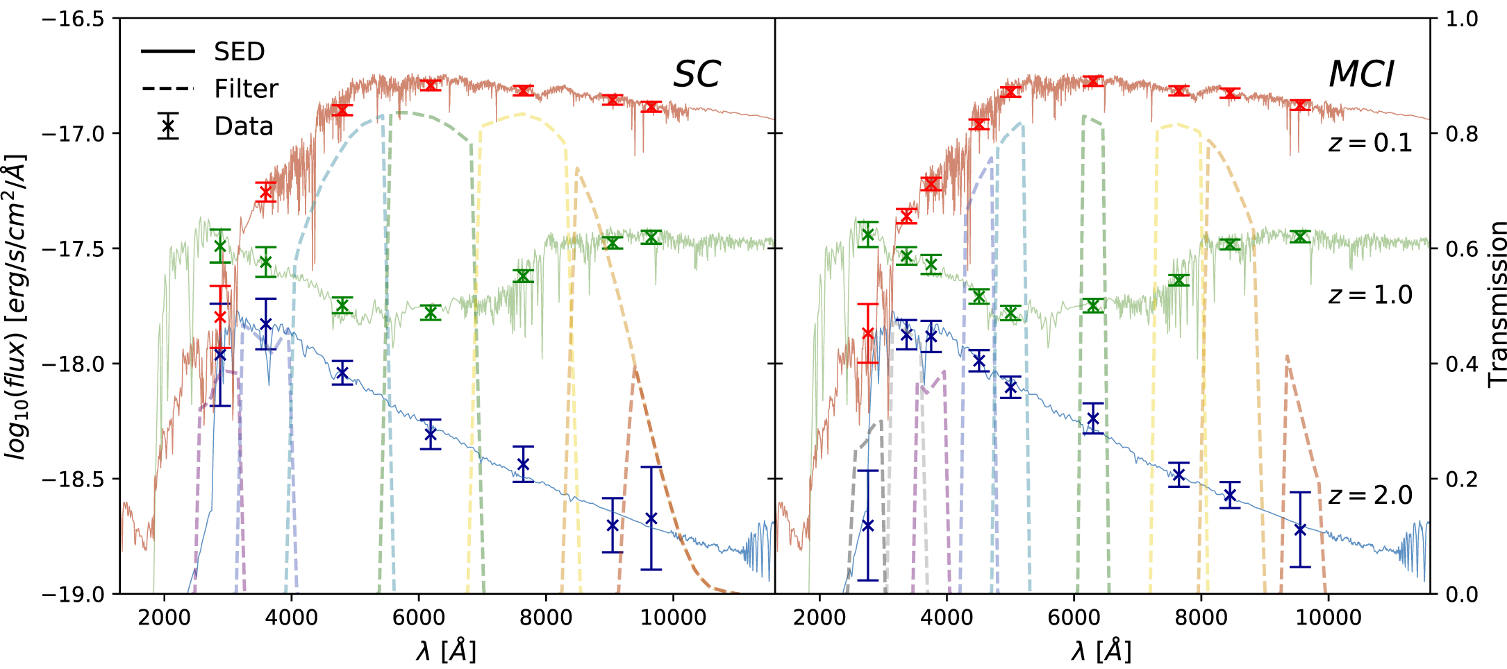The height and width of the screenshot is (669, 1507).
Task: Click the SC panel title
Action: click(697, 74)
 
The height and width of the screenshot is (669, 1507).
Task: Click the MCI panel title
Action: click(1360, 74)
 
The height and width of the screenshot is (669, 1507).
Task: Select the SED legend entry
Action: click(239, 51)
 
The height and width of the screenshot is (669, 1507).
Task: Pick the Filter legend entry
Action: click(245, 89)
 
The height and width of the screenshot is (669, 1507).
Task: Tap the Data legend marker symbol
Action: click(168, 126)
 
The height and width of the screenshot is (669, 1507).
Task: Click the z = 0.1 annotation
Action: click(1369, 143)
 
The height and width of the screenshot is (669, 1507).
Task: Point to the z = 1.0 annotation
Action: click(1369, 295)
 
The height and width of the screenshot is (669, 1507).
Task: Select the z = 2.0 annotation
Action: click(1369, 496)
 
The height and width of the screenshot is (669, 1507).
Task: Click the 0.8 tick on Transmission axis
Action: click(1461, 133)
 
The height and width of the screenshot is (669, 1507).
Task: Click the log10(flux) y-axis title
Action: click(15, 305)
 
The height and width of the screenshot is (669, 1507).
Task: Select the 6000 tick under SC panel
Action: click(418, 617)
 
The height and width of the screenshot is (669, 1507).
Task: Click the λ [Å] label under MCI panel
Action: click(1101, 651)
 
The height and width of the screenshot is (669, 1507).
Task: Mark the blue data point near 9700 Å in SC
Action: click(651, 518)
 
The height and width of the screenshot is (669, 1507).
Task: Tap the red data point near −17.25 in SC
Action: click(265, 192)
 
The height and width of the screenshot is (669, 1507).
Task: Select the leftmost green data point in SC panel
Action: click(220, 246)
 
